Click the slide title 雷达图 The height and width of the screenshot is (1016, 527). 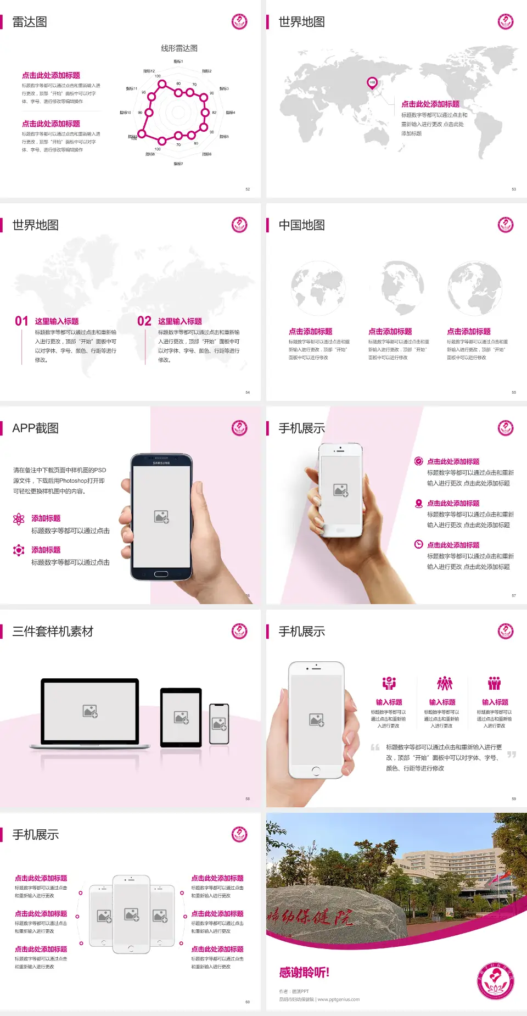coord(30,22)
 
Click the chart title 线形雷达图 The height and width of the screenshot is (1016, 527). coord(179,48)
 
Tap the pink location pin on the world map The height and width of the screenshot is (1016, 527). coord(372,83)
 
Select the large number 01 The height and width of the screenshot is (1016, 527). coord(21,321)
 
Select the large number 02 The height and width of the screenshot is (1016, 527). coord(144,321)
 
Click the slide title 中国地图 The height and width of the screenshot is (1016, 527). coord(301,225)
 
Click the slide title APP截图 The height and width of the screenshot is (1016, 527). coord(35,428)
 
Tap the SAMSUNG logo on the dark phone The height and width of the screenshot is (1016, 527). coord(161,463)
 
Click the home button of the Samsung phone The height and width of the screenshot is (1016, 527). coord(161,574)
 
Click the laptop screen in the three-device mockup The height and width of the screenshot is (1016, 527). coord(90,711)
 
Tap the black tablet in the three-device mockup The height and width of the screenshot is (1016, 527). coord(181,717)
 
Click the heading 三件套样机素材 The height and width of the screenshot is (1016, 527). coord(53,632)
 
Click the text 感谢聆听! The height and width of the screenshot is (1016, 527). coord(304,973)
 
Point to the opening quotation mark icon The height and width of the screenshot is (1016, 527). coord(375,747)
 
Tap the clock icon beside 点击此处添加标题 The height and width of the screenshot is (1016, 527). coord(418,544)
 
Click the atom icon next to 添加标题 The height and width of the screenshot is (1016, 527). coord(19,519)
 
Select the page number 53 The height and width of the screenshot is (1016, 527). coord(514,189)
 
